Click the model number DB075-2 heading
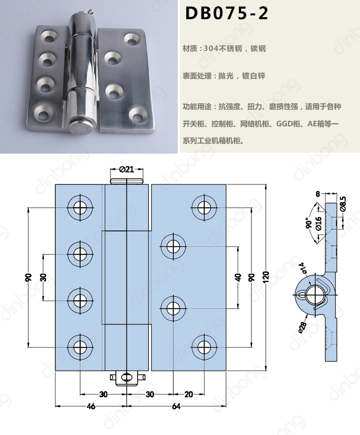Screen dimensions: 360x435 pos(227,13)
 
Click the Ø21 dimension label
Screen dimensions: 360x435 pos(127,169)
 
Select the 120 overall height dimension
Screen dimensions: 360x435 pos(265,277)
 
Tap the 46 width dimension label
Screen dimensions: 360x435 pos(91,406)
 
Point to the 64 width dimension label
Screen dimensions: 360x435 pos(176,406)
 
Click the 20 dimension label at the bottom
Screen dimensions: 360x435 pos(189,394)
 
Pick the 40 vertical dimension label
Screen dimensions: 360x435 pos(238,278)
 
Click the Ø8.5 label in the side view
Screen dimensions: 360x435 pos(343,205)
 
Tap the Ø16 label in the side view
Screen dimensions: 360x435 pos(318,224)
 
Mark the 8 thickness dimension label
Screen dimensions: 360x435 pos(318,193)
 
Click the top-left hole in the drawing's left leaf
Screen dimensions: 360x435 pos(80,207)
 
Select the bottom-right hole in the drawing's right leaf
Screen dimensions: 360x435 pos(204,347)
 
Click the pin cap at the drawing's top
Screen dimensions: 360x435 pos(127,181)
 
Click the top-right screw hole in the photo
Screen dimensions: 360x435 pos(132,39)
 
